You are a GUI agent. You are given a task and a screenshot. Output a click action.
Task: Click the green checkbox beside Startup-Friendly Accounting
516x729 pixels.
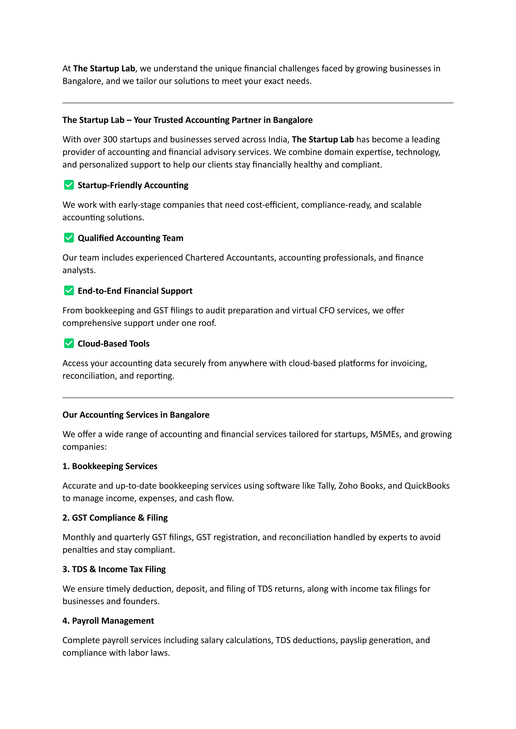point(69,185)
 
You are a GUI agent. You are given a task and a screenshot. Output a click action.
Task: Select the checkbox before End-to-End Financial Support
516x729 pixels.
point(69,290)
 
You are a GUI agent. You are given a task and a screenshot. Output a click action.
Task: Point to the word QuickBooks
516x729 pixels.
point(427,486)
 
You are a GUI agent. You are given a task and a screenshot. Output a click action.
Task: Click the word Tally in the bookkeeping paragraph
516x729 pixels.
point(326,486)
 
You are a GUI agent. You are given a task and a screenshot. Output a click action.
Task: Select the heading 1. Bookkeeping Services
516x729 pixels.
point(110,466)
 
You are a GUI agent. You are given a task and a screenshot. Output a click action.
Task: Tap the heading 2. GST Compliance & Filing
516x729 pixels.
point(115,518)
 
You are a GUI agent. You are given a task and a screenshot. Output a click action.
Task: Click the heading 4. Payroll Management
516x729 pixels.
point(108,621)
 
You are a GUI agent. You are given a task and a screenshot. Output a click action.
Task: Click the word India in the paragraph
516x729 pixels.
point(278,139)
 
